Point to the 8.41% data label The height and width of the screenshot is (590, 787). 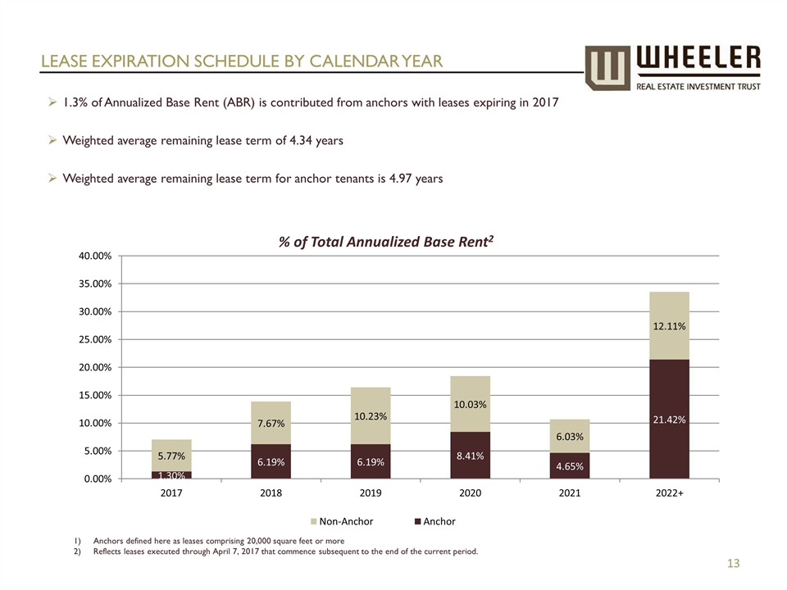tap(470, 456)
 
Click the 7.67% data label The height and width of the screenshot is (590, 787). tap(271, 423)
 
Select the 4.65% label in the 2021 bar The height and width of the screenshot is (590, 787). tap(570, 466)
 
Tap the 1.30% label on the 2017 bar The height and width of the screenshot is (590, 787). tap(171, 474)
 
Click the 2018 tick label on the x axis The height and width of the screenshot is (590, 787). tap(271, 494)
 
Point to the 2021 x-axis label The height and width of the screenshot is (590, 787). tap(570, 494)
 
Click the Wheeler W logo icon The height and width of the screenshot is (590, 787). tap(607, 67)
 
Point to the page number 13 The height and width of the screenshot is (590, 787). tap(733, 563)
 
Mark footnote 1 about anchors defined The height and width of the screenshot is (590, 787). tap(217, 541)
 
